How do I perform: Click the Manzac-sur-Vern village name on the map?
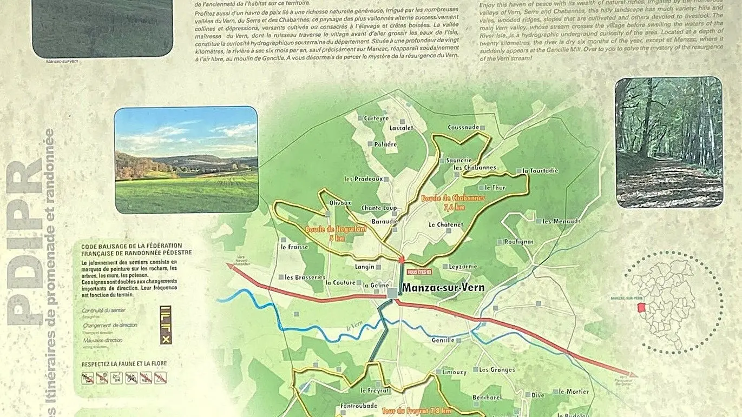(442, 288)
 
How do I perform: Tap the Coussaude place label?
(463, 128)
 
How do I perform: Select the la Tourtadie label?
(540, 171)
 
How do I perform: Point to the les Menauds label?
(561, 221)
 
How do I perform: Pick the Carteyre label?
(377, 118)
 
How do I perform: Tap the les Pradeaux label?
(363, 179)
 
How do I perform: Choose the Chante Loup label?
(379, 208)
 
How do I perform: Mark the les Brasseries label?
(305, 277)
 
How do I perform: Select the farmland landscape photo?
(186, 160)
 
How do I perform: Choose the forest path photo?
(669, 142)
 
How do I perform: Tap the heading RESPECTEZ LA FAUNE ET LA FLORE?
(124, 363)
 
